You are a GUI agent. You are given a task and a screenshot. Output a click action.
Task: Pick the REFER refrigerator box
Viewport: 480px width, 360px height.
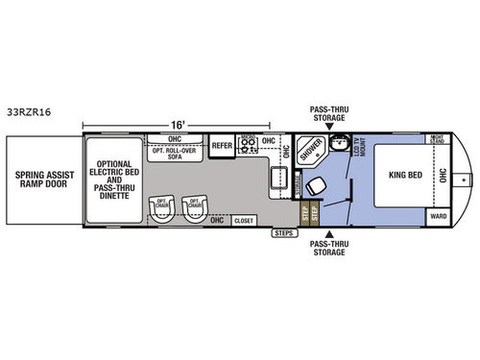(222, 146)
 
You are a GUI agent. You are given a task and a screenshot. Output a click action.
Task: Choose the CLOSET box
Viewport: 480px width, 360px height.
(244, 219)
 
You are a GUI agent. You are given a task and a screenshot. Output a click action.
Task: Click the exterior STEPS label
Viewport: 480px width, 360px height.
(283, 232)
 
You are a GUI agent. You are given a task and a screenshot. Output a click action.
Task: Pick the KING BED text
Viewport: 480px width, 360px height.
(403, 177)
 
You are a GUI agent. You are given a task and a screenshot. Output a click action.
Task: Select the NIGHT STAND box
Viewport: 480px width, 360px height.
(437, 141)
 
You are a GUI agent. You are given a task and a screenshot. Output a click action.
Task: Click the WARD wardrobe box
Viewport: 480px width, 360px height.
(438, 216)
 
